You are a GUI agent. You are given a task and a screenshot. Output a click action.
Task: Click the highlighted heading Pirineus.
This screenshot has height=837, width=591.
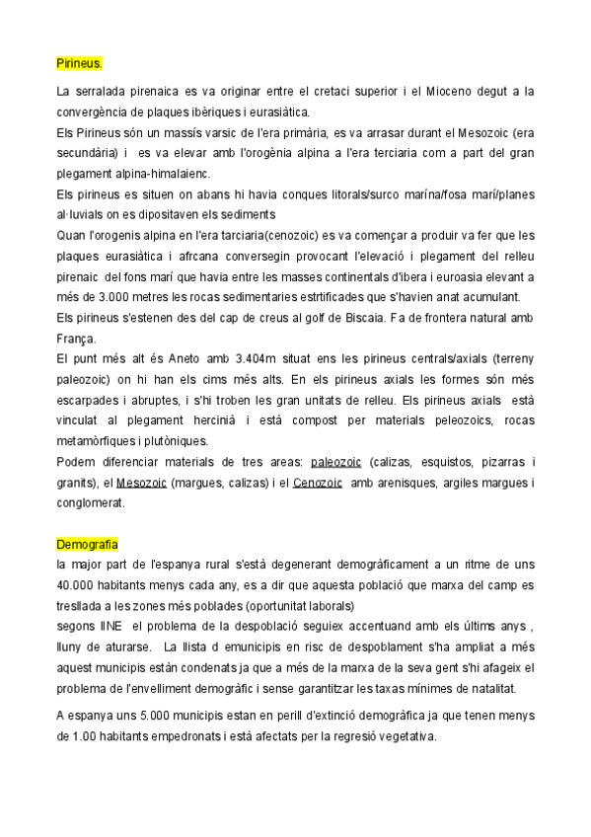pyautogui.click(x=79, y=64)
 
